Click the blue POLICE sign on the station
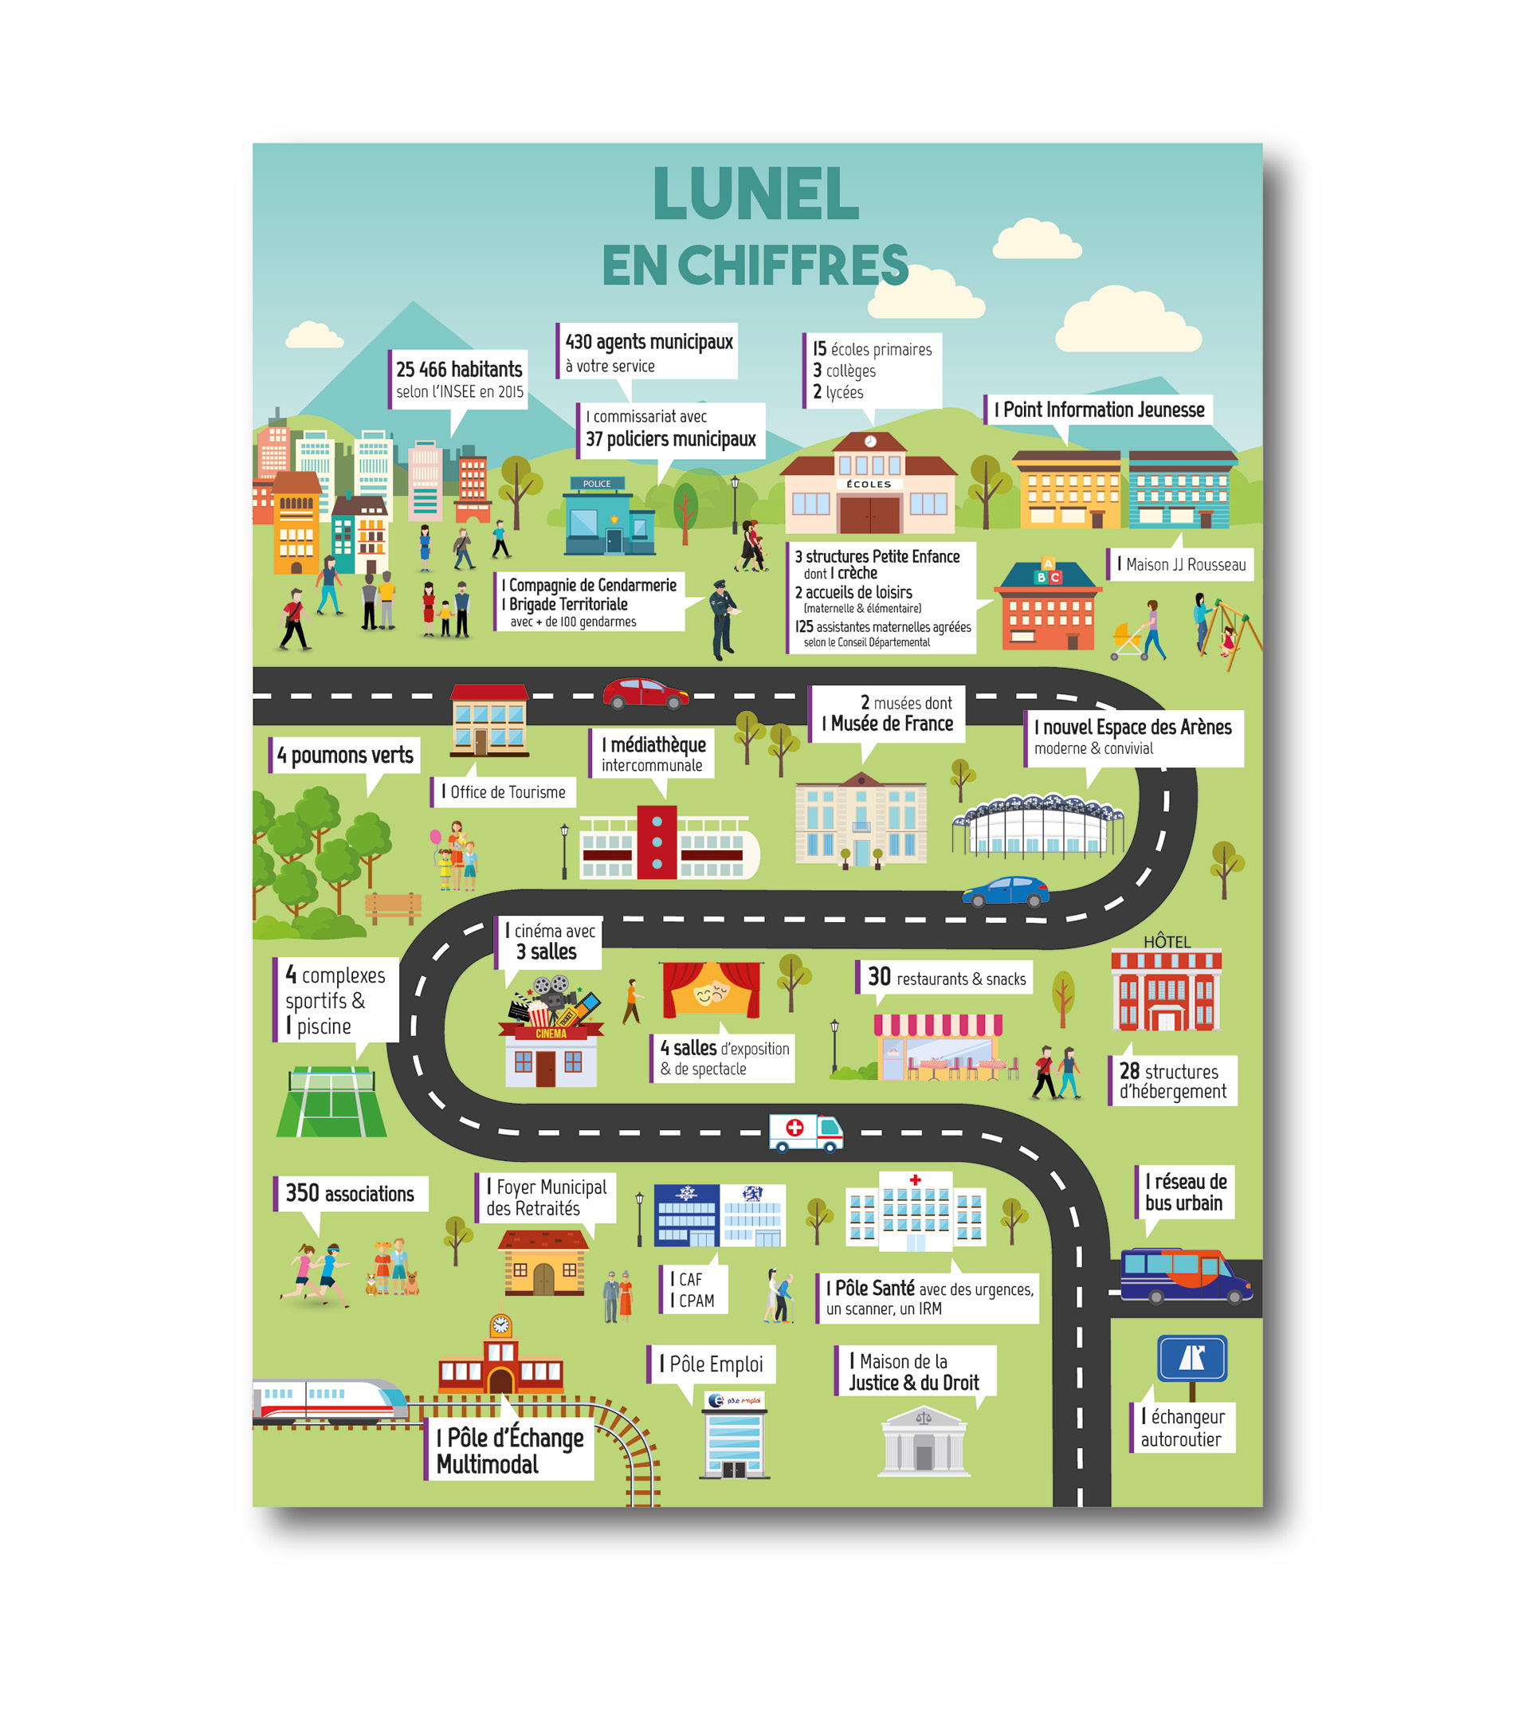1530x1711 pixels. click(x=597, y=484)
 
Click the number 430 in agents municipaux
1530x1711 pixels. click(x=579, y=342)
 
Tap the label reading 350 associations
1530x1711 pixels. click(x=350, y=1193)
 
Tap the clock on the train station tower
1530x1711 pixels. click(x=501, y=1325)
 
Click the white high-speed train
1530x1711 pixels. click(x=330, y=1400)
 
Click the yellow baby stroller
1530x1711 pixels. click(x=1128, y=641)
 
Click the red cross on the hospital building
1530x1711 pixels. click(x=916, y=1179)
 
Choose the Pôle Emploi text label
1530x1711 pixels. click(x=712, y=1364)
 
